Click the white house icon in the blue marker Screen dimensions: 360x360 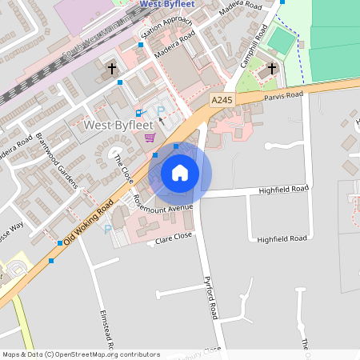point(180,172)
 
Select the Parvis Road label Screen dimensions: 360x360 point(285,94)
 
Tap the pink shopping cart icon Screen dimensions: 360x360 point(150,138)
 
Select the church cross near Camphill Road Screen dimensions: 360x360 point(272,70)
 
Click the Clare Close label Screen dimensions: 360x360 point(176,238)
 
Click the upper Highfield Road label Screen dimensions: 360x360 point(283,190)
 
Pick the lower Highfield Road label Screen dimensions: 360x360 point(282,238)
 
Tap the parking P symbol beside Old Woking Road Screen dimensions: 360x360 point(108,230)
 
